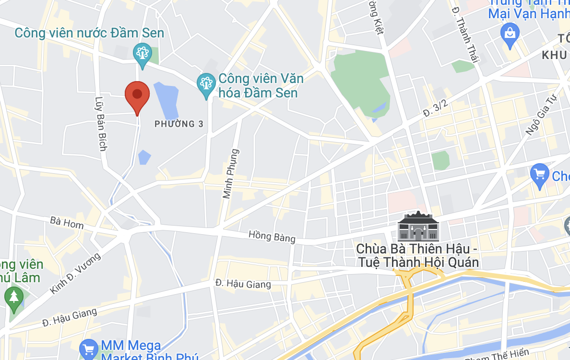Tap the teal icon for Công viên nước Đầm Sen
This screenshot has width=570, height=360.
142,54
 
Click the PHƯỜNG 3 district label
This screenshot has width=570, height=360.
179,124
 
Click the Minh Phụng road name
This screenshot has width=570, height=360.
231,174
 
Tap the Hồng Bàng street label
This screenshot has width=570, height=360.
272,236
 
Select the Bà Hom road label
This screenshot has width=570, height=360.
67,223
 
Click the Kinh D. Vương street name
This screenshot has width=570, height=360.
76,274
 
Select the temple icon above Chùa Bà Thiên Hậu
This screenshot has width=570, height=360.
417,227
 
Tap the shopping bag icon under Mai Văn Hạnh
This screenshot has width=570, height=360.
510,35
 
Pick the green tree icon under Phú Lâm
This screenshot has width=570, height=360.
13,297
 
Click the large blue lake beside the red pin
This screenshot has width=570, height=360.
166,100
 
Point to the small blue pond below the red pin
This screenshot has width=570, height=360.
144,157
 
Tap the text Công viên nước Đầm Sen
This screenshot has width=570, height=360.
89,33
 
